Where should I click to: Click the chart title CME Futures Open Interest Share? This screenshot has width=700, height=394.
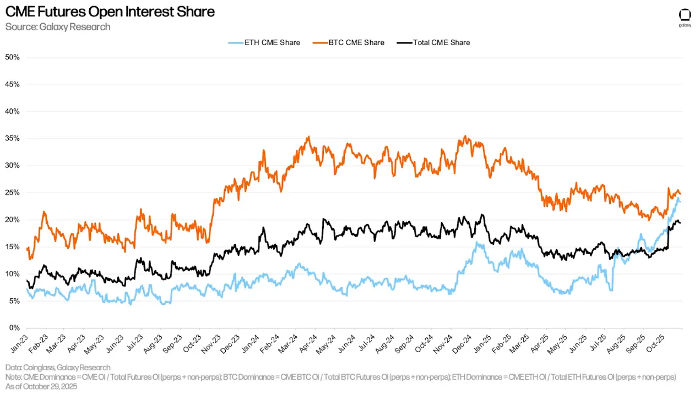pyautogui.click(x=110, y=12)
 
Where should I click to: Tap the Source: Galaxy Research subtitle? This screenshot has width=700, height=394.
pyautogui.click(x=58, y=26)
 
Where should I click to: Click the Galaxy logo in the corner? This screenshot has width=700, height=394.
pyautogui.click(x=684, y=16)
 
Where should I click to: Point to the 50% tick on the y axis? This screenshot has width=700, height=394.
pyautogui.click(x=12, y=57)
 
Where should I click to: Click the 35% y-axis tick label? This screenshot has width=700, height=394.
pyautogui.click(x=12, y=139)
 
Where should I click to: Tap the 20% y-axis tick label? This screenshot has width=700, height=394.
pyautogui.click(x=12, y=220)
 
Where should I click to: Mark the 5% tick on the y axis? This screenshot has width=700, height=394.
pyautogui.click(x=14, y=301)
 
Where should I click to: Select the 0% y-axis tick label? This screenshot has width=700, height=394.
pyautogui.click(x=14, y=328)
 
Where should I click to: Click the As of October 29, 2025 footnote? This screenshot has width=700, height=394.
pyautogui.click(x=41, y=386)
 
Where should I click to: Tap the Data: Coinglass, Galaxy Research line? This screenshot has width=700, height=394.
pyautogui.click(x=58, y=368)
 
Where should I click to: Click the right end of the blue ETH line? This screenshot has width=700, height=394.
pyautogui.click(x=680, y=201)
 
